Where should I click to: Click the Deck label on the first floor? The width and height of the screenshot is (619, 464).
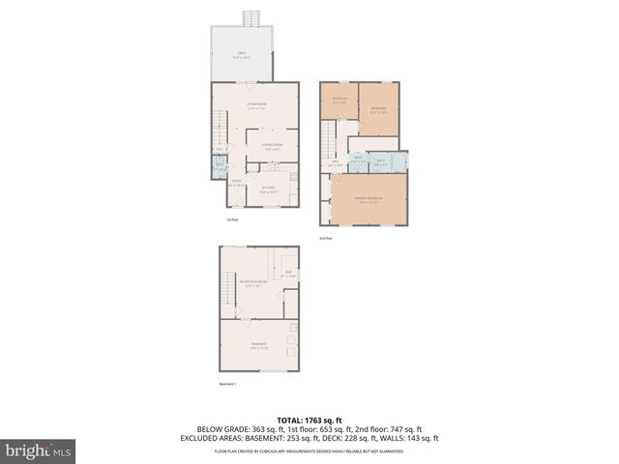pos(243,56)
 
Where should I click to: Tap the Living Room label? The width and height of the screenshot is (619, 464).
pos(256,105)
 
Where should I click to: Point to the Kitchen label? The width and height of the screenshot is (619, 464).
pos(268,188)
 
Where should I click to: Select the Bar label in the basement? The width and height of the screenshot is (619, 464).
pos(288,274)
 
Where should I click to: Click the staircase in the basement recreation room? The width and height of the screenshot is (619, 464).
pos(229,287)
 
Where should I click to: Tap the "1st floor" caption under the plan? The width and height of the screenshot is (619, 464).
pos(231,218)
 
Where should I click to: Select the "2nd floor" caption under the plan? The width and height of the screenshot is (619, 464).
pos(325,238)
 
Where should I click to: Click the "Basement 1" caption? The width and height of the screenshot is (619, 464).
pos(228,384)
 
